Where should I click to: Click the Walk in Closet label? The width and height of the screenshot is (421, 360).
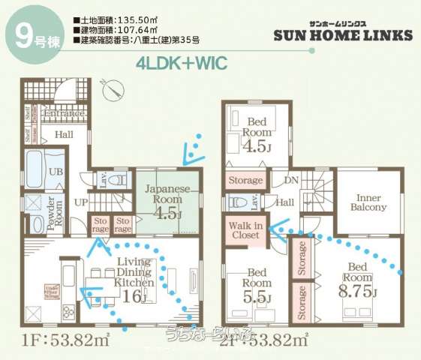point(245,229)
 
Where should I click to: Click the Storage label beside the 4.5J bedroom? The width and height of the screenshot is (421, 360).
point(245,181)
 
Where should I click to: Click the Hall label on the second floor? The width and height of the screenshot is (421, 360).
point(286,202)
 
